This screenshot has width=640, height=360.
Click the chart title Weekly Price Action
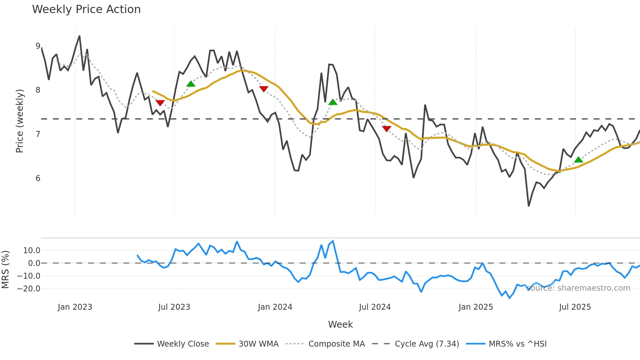[x=86, y=9]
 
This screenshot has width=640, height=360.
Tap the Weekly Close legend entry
[x=183, y=344]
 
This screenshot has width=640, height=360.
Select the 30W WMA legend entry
[x=258, y=344]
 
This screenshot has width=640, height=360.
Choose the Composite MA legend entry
[x=336, y=344]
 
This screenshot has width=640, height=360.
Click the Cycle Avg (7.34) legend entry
[x=426, y=344]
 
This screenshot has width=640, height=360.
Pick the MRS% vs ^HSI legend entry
[x=517, y=344]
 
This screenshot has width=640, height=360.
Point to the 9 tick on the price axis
[x=38, y=46]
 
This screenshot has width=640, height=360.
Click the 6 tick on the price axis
[x=38, y=178]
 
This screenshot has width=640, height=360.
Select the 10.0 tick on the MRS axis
[x=31, y=251]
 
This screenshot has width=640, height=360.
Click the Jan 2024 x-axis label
[x=275, y=307]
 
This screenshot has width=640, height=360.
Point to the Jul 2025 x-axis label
[x=575, y=307]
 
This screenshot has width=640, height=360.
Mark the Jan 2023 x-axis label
[x=75, y=307]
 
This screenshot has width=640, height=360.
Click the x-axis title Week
[x=340, y=324]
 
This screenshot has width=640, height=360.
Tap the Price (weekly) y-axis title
[x=20, y=121]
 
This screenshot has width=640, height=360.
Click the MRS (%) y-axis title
[x=5, y=270]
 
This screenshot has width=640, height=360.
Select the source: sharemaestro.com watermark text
[x=578, y=288]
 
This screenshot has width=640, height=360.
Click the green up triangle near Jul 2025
[x=579, y=160]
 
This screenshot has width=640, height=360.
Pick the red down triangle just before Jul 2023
[x=160, y=103]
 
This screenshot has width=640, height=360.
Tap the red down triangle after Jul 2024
[x=386, y=129]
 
